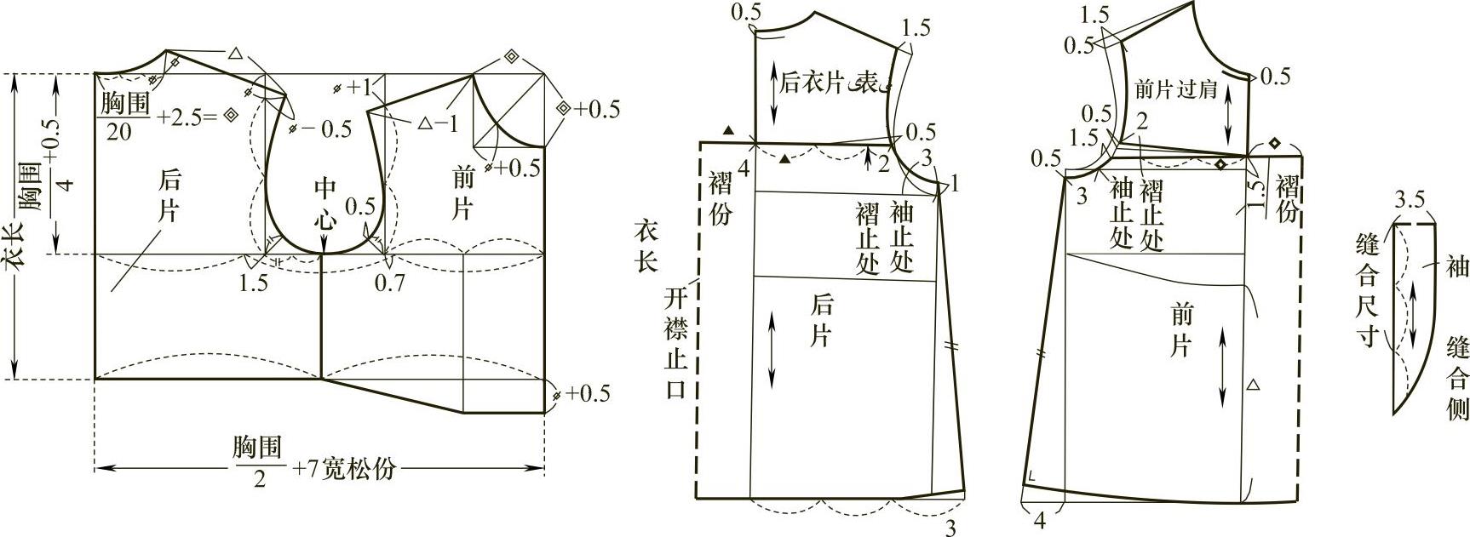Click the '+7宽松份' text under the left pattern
click(x=346, y=469)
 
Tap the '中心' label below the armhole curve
click(x=325, y=203)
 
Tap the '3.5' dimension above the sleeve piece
click(x=1410, y=201)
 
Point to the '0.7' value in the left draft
click(x=389, y=283)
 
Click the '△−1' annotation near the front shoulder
click(x=438, y=123)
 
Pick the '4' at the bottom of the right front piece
click(x=1039, y=519)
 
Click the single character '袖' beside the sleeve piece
click(x=1456, y=267)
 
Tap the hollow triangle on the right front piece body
click(x=1252, y=386)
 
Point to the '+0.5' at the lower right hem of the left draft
click(x=588, y=393)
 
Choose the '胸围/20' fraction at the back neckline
click(x=124, y=117)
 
